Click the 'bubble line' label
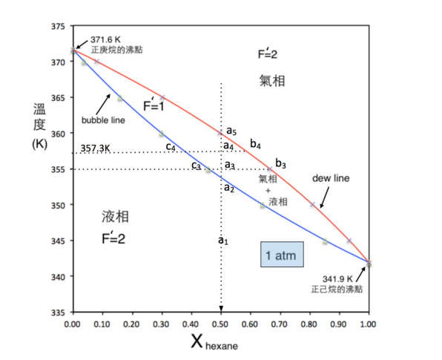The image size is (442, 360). coord(102,120)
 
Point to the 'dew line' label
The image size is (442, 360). coord(331,178)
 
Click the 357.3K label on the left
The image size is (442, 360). coord(96,148)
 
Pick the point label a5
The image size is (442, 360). coord(231,131)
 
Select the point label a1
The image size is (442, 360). coord(223,240)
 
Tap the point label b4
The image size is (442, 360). coord(255,143)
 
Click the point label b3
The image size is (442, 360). coord(280,163)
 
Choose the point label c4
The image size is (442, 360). coord(171,146)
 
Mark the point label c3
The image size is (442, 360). coord(196,165)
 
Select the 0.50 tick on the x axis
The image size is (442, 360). coord(220,324)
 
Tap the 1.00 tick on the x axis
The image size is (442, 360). coord(369,324)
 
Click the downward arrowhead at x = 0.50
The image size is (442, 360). coord(221,309)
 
